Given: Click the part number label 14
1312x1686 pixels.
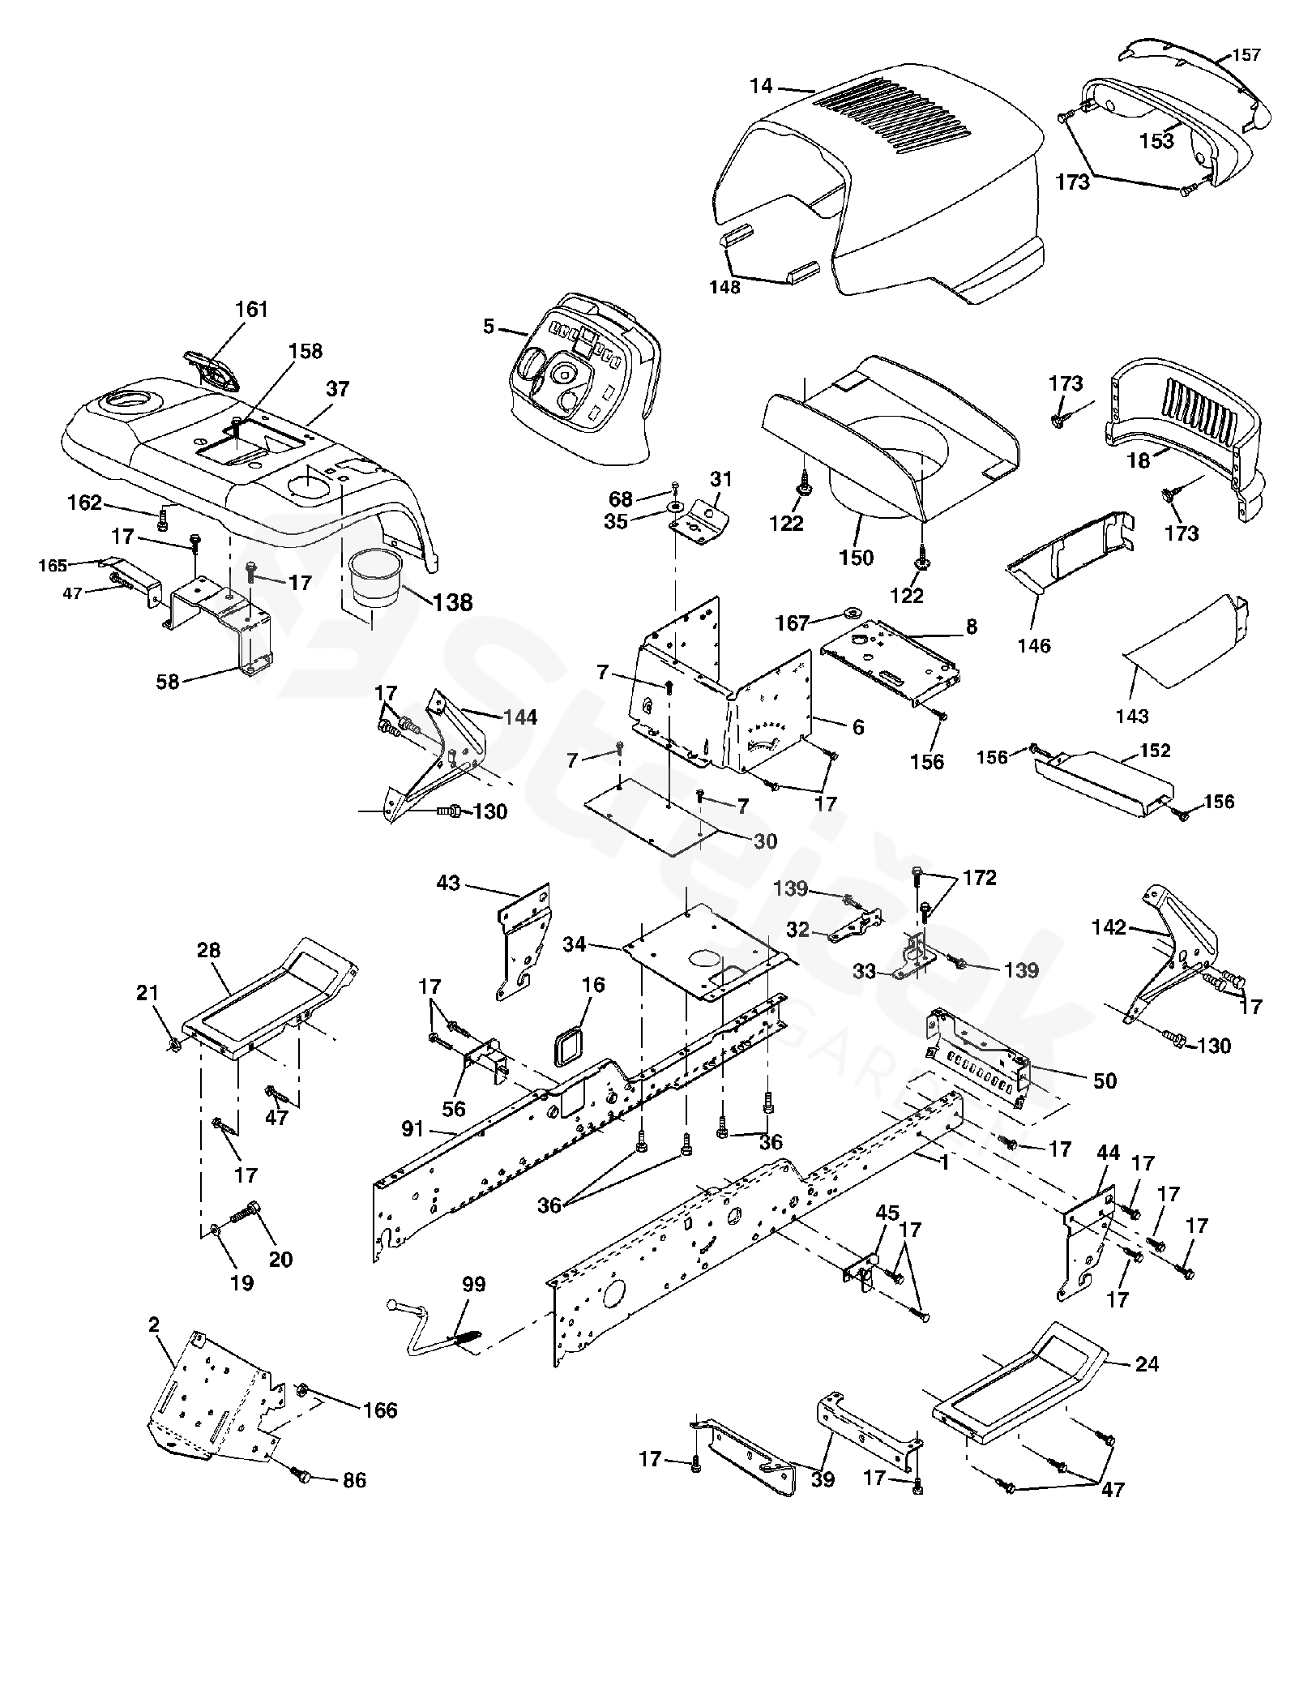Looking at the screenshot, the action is [762, 84].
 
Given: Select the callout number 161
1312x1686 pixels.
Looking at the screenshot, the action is [251, 310].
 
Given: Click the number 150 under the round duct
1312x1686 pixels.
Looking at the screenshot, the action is [857, 558].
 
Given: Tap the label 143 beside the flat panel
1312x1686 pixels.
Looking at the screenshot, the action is [1132, 716].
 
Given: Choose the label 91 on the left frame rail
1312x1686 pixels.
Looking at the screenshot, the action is [413, 1128].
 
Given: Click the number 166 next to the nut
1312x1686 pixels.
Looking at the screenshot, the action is [380, 1410].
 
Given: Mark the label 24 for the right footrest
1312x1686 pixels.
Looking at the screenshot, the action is [1147, 1364].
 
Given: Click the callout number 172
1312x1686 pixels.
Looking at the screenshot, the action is [980, 878].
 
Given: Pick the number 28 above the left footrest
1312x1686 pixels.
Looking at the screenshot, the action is [208, 949].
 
